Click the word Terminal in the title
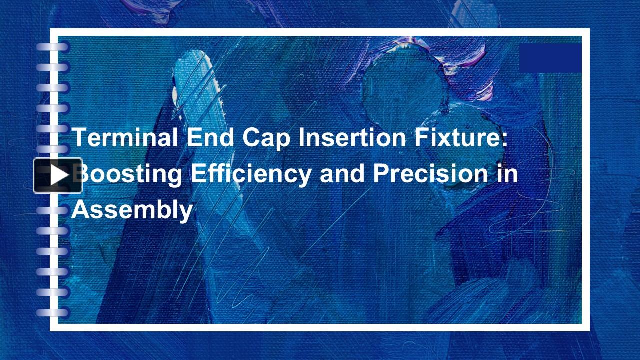(x=125, y=137)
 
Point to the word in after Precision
(x=507, y=174)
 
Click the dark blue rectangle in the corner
(x=550, y=58)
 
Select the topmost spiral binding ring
(x=52, y=47)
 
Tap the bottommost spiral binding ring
(x=52, y=313)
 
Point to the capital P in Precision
(x=381, y=174)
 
